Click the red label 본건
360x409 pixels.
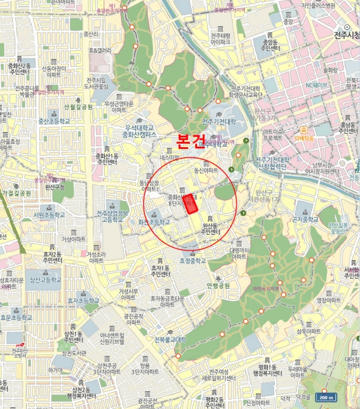(191, 142)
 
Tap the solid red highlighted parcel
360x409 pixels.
(190, 204)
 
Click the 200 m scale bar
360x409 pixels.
(327, 397)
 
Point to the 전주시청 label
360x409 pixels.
(345, 34)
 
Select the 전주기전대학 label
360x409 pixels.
(219, 122)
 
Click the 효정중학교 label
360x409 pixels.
(193, 261)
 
